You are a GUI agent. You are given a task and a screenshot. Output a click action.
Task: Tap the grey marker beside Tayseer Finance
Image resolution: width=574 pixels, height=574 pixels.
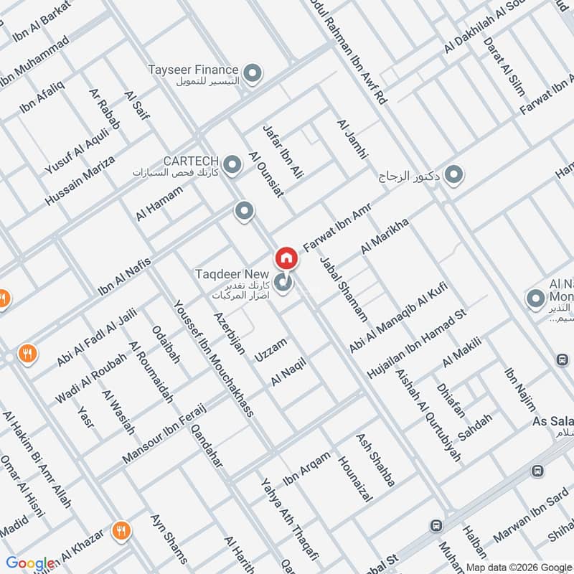(x=253, y=72)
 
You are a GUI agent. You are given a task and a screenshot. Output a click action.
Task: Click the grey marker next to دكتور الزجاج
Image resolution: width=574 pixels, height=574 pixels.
(x=453, y=174)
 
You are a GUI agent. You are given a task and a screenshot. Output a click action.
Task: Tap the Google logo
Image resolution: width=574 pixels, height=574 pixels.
(x=30, y=563)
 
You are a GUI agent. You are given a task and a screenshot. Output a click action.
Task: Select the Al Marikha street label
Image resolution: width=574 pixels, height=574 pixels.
(x=385, y=237)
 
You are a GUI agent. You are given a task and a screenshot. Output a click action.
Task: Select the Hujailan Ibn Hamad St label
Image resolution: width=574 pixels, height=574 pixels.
(x=416, y=344)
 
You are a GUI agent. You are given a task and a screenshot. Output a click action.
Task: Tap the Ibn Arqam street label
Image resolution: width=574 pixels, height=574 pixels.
(x=307, y=467)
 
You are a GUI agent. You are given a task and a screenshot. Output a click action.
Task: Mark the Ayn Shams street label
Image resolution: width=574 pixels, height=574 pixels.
(x=169, y=538)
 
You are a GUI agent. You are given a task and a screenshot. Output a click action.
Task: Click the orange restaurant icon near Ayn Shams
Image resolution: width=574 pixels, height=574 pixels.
(x=121, y=531)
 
